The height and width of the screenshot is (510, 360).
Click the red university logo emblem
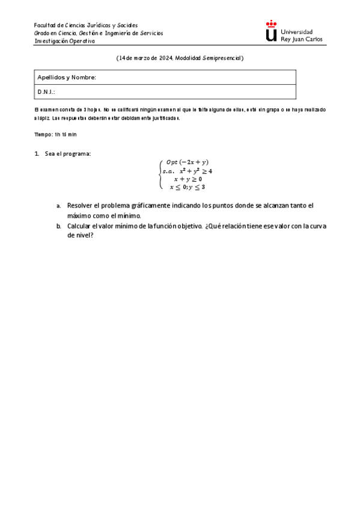(x=272, y=31)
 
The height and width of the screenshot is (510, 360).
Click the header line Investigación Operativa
(x=64, y=41)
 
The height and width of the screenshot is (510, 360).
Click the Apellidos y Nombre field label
(x=67, y=78)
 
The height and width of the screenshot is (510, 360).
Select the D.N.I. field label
(x=46, y=92)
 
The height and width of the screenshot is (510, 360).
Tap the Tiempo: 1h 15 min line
(x=55, y=134)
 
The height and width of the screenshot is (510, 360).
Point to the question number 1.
(x=37, y=154)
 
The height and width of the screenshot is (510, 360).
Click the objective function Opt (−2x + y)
(x=187, y=162)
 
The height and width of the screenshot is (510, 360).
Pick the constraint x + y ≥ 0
(x=188, y=179)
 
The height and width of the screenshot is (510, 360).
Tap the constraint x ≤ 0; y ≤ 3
(x=188, y=187)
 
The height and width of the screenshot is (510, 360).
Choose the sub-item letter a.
(x=58, y=206)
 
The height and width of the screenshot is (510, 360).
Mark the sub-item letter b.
(x=58, y=226)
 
